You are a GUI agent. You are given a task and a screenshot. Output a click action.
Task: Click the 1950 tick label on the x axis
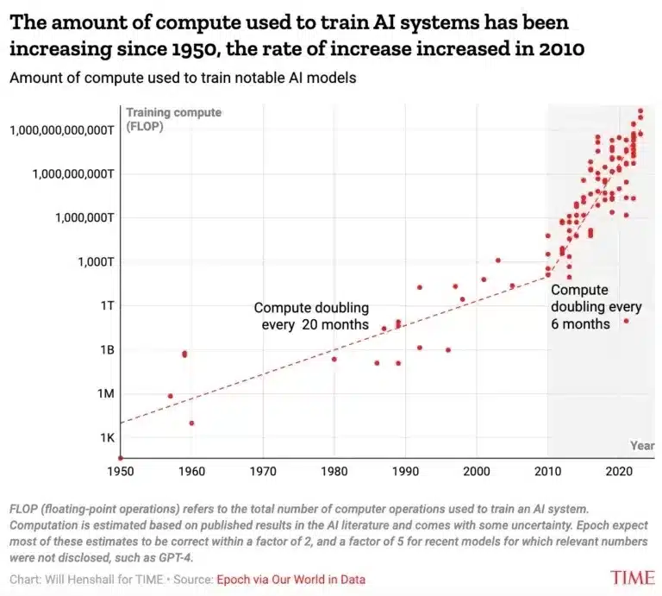click(121, 472)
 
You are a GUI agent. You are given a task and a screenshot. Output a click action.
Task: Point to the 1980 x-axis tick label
click(334, 472)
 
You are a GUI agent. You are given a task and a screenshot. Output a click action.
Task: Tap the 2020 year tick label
click(618, 472)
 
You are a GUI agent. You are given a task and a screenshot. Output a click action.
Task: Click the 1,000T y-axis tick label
click(93, 260)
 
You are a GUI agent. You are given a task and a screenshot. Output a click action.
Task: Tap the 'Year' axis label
click(642, 446)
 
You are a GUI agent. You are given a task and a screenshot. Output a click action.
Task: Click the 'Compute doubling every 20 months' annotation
click(311, 316)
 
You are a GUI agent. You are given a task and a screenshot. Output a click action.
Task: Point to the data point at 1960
click(191, 423)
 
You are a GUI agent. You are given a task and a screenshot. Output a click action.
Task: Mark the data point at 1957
click(170, 396)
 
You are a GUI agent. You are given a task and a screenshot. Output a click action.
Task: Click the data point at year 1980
click(334, 359)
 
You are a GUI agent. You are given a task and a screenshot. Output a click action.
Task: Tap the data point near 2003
click(497, 260)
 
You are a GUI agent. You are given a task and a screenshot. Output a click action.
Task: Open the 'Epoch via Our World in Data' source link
click(290, 580)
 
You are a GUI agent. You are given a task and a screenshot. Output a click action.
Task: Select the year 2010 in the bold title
click(565, 49)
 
